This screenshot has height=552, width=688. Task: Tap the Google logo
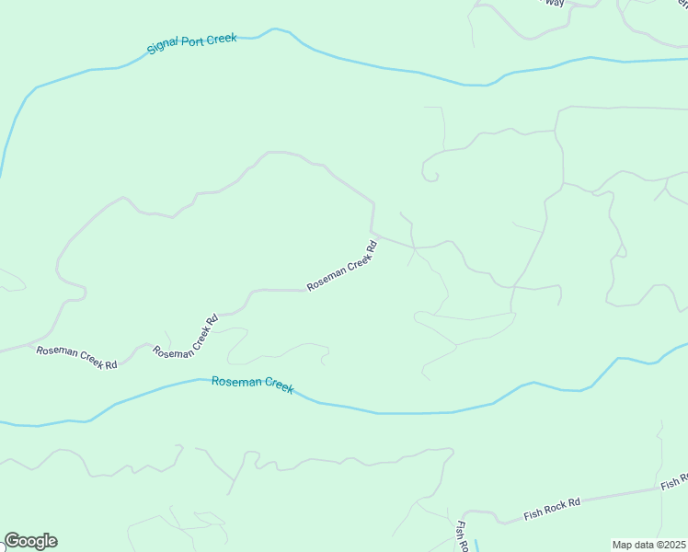pos(30,541)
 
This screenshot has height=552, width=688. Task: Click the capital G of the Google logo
pos(12,541)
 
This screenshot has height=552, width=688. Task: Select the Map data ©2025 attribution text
pos(648,545)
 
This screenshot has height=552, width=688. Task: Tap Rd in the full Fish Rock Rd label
pos(575,502)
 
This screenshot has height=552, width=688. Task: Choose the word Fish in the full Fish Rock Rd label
pos(534,512)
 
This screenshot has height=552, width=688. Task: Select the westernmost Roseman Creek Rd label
pos(76,358)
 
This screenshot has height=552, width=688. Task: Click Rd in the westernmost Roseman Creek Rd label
pos(110,364)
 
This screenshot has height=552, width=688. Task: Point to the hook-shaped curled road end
pos(430,175)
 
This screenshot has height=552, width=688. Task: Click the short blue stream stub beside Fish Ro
pos(477,543)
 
